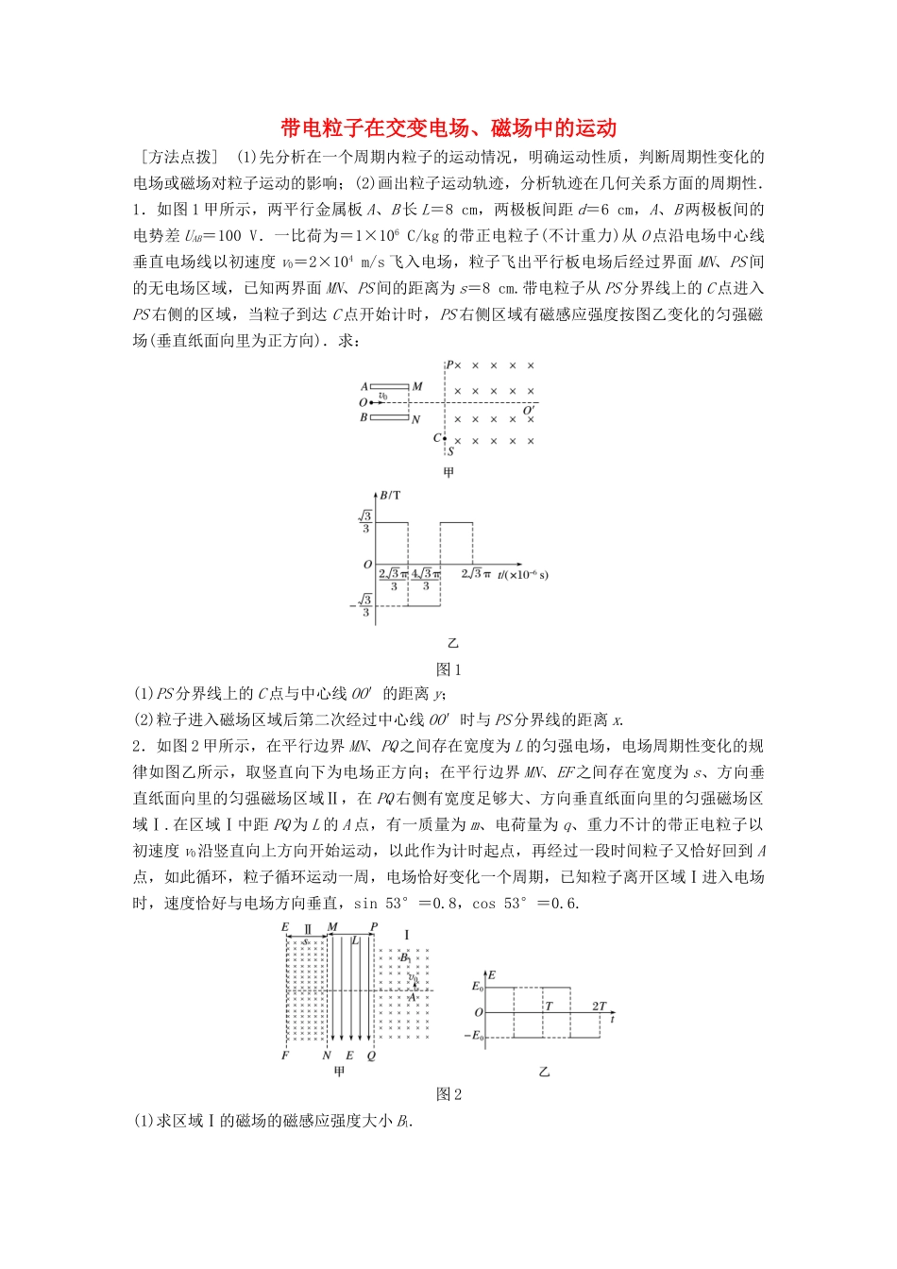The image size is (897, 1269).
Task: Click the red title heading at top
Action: (x=448, y=128)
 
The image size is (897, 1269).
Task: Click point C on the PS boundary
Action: (x=444, y=438)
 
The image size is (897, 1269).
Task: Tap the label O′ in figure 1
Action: (x=530, y=411)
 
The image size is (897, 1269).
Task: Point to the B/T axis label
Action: (x=390, y=494)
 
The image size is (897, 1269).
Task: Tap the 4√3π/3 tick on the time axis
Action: (x=425, y=579)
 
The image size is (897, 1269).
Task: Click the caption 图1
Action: (x=448, y=670)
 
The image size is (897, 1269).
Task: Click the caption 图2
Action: (x=448, y=1094)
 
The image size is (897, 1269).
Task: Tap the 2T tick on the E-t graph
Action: (x=599, y=1007)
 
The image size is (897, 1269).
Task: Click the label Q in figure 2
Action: (x=371, y=1056)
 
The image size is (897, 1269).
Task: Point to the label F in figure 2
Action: (x=285, y=1056)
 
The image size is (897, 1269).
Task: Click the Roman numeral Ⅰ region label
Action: (x=406, y=935)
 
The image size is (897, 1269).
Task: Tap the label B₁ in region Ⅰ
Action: (x=405, y=957)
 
